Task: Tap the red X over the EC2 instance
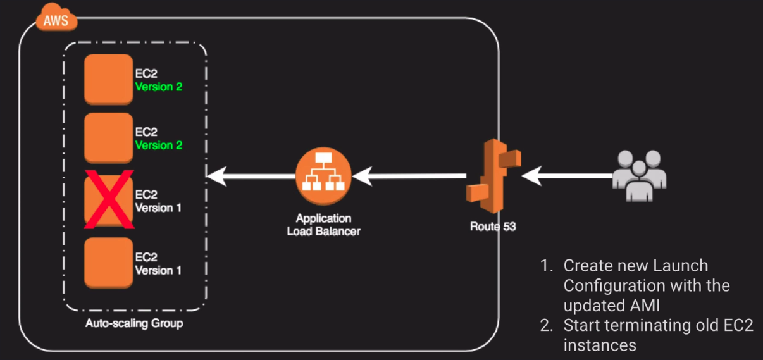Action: pos(109,198)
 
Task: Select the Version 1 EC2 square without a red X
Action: pos(108,261)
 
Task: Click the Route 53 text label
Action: pos(493,227)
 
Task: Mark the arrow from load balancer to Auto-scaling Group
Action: pos(250,175)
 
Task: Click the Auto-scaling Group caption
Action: pos(134,324)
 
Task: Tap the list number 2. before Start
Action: pos(547,325)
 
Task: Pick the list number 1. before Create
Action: pos(547,266)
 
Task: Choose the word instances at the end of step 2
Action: pos(599,345)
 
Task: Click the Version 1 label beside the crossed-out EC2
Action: pos(158,208)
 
